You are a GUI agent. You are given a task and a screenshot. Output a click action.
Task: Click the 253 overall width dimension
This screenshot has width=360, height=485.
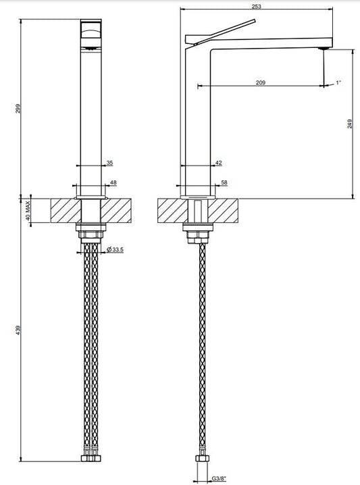point(257,6)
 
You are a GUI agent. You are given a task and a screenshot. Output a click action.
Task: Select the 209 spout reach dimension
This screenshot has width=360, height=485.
point(261,82)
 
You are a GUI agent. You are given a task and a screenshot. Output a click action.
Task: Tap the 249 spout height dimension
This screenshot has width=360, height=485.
point(350,124)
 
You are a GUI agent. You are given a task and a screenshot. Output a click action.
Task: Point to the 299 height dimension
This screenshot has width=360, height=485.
point(18,109)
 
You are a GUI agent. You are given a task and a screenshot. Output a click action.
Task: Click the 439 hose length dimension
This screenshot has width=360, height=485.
point(18,330)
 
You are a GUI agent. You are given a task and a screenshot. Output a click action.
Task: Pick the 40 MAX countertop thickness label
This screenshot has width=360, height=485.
point(28,211)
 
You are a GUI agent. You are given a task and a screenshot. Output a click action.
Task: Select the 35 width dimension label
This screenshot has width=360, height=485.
point(110,163)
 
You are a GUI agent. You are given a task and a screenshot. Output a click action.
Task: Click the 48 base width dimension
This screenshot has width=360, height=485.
point(113,182)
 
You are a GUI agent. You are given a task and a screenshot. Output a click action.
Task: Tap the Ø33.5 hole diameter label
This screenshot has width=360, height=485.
point(115,249)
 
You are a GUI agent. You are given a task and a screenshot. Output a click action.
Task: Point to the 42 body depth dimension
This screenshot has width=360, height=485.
point(219,163)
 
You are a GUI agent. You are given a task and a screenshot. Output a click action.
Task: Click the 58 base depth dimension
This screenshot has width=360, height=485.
point(224,182)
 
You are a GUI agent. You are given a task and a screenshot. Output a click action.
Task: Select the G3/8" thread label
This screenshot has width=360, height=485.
point(219,479)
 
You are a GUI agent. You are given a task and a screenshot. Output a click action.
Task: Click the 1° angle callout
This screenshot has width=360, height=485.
point(338,82)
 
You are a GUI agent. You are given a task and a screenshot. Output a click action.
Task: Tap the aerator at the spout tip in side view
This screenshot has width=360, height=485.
point(324,48)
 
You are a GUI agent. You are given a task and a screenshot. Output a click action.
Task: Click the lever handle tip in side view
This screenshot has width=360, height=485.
point(254,21)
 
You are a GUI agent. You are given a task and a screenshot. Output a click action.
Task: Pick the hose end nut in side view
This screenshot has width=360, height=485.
point(202,459)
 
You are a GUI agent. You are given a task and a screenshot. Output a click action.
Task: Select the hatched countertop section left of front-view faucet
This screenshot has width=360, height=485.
point(66,210)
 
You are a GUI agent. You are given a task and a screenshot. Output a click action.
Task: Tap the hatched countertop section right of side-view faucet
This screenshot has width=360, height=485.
point(223,210)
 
